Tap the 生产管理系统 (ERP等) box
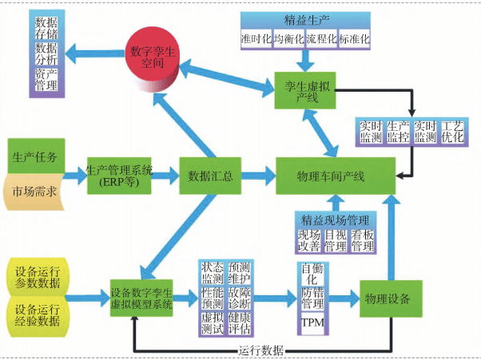click(x=120, y=174)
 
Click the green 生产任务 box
click(x=34, y=156)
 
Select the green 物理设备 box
click(x=387, y=299)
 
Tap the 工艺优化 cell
click(x=452, y=132)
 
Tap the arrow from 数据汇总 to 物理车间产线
click(x=253, y=175)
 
